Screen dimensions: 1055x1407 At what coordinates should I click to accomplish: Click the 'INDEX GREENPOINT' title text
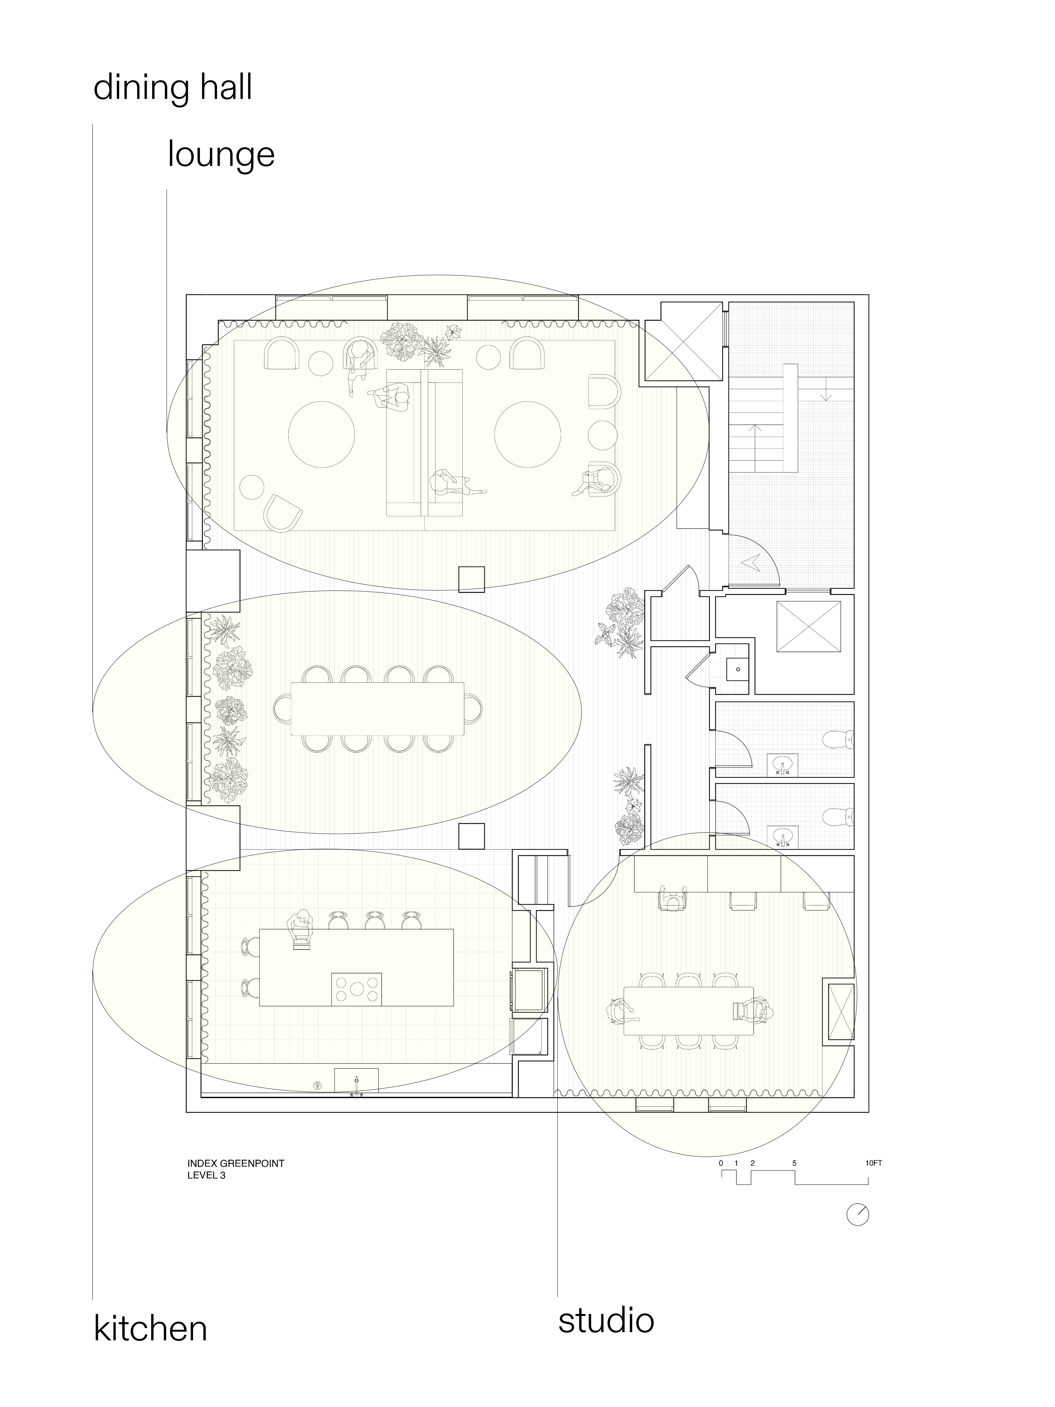point(235,1163)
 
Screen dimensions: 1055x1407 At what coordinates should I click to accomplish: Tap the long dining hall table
point(378,709)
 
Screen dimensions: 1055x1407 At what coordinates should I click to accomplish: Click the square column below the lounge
point(471,579)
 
